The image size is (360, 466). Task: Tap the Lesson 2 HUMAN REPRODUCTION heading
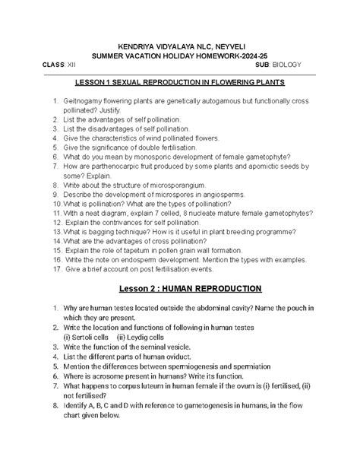(180, 289)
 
